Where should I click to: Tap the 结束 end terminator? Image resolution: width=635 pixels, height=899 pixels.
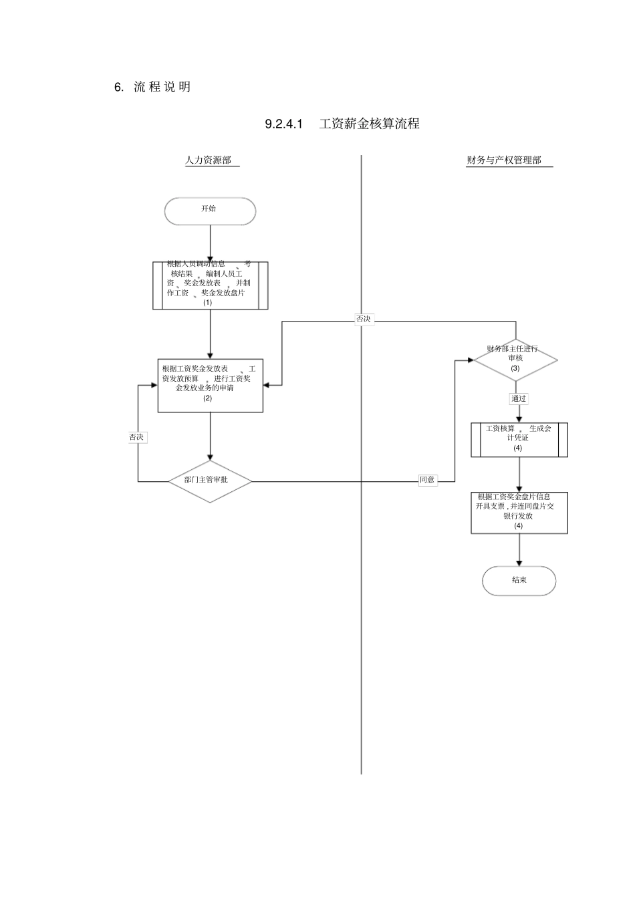coord(519,580)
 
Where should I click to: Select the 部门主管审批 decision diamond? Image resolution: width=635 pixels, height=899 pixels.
coord(210,481)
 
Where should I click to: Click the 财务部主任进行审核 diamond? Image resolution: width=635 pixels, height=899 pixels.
coord(515,359)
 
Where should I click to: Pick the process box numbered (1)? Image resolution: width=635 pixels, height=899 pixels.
coord(210,285)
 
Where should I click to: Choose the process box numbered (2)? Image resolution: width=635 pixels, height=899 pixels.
coord(210,384)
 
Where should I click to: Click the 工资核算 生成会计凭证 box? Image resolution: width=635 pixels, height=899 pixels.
coord(519,439)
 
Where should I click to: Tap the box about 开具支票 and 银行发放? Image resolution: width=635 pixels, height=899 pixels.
coord(519,513)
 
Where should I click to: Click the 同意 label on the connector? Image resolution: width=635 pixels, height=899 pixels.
coord(427,480)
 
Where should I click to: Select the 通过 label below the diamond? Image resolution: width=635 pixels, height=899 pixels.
coord(519,399)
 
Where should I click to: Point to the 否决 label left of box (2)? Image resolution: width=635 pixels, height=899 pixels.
coord(136,437)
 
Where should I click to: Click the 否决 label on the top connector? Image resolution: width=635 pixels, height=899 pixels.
coord(363,319)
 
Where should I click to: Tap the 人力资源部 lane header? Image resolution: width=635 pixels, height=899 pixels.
coord(209,160)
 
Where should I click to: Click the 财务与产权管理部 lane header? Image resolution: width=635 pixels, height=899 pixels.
coord(504,160)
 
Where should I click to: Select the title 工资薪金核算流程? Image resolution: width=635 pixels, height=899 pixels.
coord(369,124)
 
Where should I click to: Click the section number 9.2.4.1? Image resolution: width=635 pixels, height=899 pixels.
coord(284,124)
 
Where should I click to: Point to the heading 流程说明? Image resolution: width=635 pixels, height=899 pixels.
coord(162,87)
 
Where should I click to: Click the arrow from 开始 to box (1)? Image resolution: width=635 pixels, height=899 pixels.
coord(210,243)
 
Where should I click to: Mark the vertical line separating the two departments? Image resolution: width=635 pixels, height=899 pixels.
coord(362,602)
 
